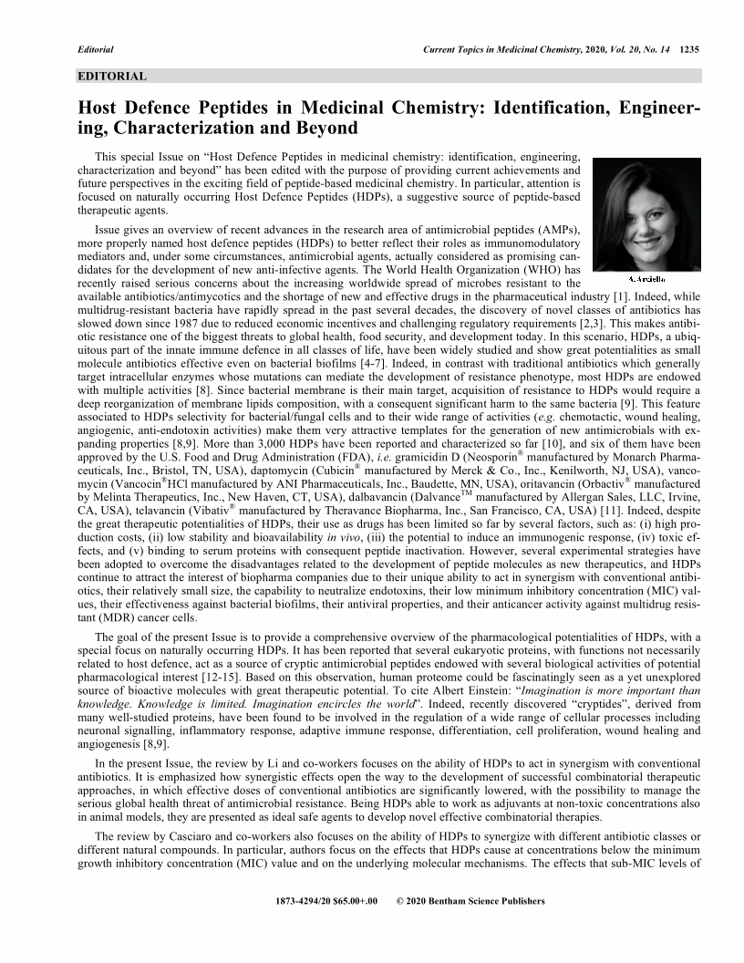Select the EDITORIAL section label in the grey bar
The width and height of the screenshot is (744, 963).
[112, 77]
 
